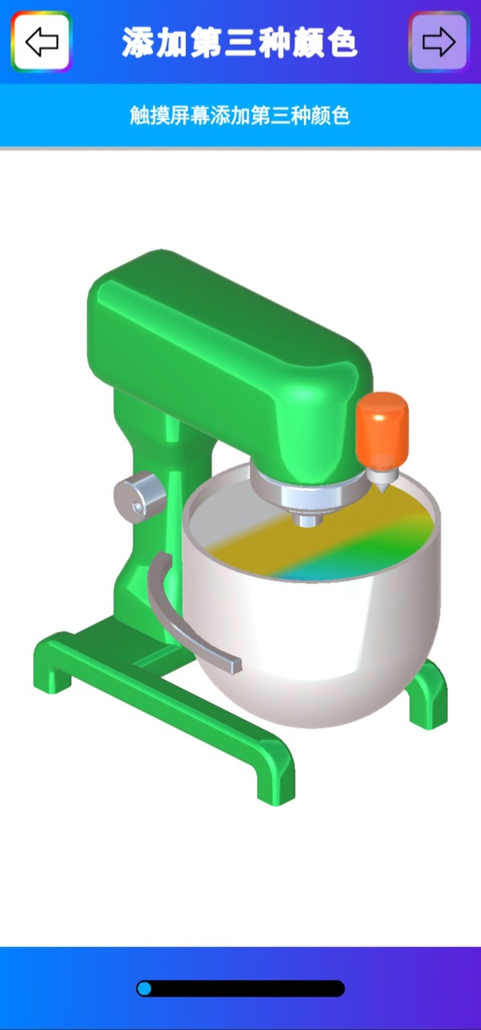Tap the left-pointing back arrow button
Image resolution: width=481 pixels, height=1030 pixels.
(x=41, y=41)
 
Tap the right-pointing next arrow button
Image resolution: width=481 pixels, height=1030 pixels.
(x=438, y=42)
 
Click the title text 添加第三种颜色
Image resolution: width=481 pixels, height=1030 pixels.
(x=240, y=42)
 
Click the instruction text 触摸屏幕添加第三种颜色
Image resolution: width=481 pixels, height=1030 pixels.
(x=240, y=115)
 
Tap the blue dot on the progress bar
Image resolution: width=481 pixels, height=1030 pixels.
(x=145, y=988)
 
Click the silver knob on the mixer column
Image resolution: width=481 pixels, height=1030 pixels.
(x=139, y=492)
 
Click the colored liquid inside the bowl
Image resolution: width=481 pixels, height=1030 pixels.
(x=322, y=539)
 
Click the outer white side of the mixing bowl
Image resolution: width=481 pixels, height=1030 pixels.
(x=314, y=644)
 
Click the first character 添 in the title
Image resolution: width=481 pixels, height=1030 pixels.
(x=138, y=42)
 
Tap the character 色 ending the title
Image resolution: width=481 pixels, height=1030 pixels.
(x=342, y=42)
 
